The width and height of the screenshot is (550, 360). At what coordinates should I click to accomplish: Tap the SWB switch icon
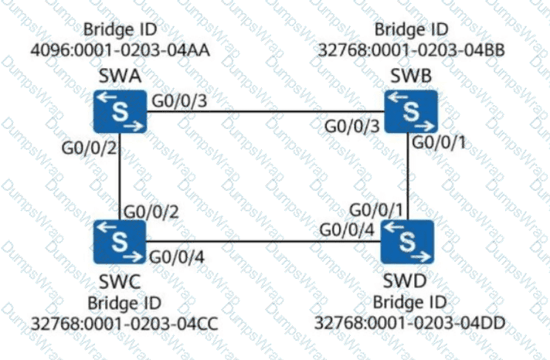point(412,111)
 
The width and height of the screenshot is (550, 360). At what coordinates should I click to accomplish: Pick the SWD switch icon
point(407,241)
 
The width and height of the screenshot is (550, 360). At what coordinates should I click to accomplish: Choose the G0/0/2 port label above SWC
point(150,210)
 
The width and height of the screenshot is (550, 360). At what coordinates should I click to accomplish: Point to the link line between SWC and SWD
point(263,241)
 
